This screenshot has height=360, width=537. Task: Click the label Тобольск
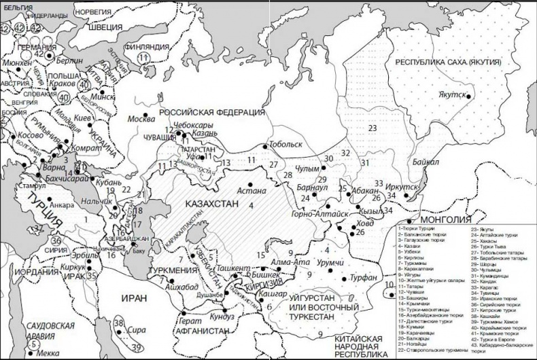[285, 145]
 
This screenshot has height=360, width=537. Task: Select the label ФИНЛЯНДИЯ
[145, 46]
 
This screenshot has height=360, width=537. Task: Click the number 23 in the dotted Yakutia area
[373, 128]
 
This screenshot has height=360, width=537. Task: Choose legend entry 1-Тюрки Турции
[416, 230]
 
